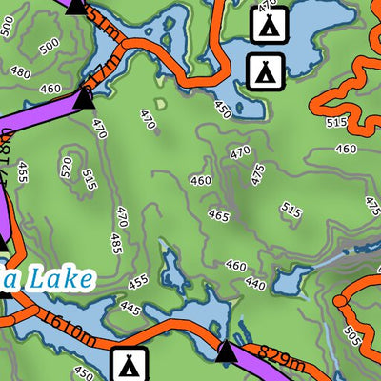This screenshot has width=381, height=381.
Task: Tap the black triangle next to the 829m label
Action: (x=226, y=353)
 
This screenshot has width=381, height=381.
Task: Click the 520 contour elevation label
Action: (x=66, y=168)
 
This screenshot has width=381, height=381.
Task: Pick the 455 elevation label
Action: (x=139, y=282)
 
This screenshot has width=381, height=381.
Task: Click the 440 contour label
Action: (x=254, y=284)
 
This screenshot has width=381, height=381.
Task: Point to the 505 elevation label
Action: (x=351, y=335)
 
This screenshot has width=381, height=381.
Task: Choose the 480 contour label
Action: (x=19, y=72)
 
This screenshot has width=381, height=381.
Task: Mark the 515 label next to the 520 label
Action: (x=90, y=179)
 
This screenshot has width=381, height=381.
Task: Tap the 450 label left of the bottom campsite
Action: (x=83, y=372)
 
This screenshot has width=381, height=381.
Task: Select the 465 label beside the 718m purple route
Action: (x=21, y=172)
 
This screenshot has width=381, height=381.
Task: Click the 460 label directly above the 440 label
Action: (x=235, y=267)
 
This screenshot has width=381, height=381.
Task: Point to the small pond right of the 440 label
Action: (x=291, y=279)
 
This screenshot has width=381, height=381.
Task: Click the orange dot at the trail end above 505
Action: (x=339, y=301)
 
